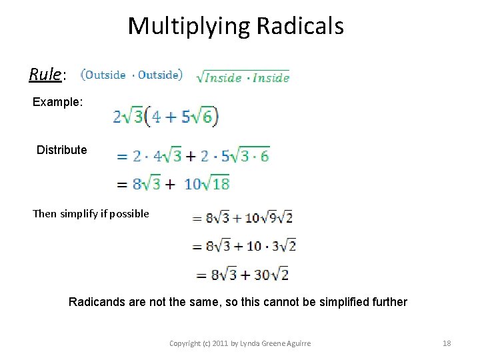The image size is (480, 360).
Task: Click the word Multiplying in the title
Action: click(189, 26)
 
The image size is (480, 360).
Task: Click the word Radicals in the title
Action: click(300, 26)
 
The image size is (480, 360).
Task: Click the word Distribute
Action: click(61, 150)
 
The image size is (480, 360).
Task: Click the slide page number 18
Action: click(447, 343)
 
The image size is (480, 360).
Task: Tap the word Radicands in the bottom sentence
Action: click(97, 302)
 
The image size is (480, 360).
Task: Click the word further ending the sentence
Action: click(387, 302)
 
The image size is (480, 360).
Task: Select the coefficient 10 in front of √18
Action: click(192, 184)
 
